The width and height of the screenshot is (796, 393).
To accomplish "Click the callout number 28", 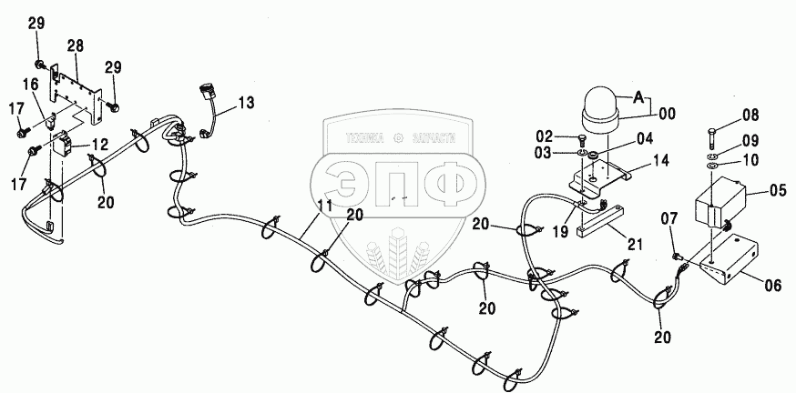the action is pos(75,45).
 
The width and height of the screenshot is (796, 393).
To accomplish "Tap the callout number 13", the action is pos(248,104).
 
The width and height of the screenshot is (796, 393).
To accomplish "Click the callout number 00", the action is pos(668,115).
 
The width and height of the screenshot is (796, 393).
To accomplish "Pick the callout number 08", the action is pos(750,115).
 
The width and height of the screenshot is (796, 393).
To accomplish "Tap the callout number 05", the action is pos(777,191).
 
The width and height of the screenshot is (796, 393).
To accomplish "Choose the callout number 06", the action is pos(772,286).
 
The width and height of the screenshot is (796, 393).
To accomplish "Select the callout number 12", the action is pos(97,143).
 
